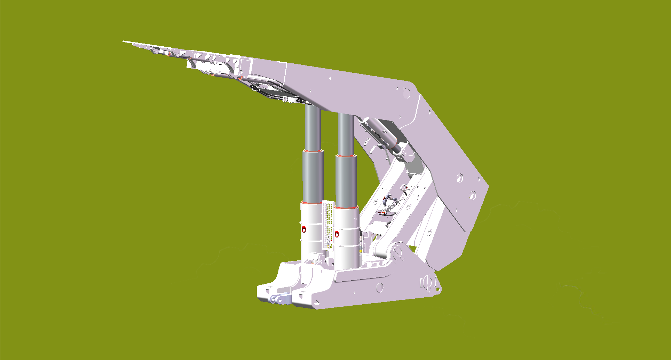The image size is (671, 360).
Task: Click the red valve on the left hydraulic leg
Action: (x=303, y=229)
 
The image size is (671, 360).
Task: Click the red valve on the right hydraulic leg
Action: (x=337, y=234)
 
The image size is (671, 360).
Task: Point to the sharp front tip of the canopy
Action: (x=124, y=41)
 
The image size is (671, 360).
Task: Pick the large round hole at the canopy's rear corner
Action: (x=406, y=93)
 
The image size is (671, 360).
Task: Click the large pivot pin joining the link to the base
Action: (x=397, y=254)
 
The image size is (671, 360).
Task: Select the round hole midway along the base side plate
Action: (x=379, y=287)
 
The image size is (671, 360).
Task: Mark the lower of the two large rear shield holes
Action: (x=472, y=195)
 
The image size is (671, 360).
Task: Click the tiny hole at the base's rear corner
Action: (x=438, y=289)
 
